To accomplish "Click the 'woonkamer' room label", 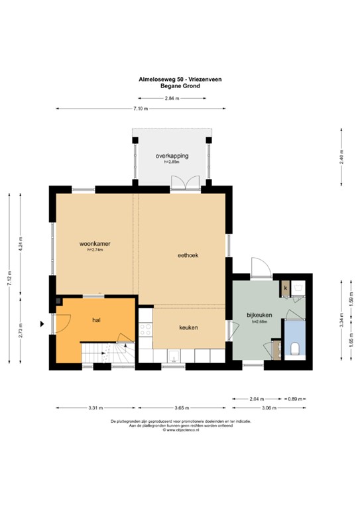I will pyautogui.click(x=93, y=243).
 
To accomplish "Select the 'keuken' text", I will pyautogui.click(x=189, y=327).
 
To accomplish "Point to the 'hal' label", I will pyautogui.click(x=96, y=319).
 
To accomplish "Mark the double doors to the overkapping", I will pyautogui.click(x=181, y=182).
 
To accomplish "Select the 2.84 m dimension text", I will pyautogui.click(x=172, y=98).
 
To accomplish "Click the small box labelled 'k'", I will pyautogui.click(x=285, y=288).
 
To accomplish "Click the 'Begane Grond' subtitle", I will pyautogui.click(x=180, y=85).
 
